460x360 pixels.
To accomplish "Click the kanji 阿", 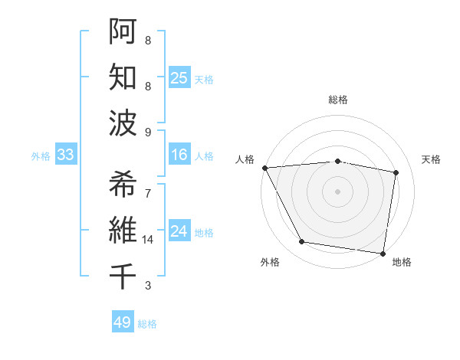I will [123, 31].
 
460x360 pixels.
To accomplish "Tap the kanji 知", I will [123, 77].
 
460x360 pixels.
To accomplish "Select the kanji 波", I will [123, 123].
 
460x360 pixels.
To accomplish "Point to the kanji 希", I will [123, 184].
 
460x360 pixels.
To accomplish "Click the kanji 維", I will [123, 231].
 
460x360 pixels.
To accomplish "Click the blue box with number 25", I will [179, 77].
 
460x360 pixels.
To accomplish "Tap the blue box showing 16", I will [179, 155].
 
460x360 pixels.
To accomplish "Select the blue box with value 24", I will [179, 231].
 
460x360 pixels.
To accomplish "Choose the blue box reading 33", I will [66, 155].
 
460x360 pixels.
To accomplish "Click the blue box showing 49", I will [123, 322].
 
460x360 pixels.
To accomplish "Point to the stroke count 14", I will [148, 240].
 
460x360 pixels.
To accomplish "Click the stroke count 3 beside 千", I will [148, 286].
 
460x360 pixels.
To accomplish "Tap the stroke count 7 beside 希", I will [148, 193].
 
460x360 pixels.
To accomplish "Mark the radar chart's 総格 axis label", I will [337, 100].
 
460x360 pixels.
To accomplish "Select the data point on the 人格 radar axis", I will [264, 168].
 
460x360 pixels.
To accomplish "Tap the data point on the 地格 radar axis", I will [383, 253].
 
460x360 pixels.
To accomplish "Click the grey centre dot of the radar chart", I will [337, 191].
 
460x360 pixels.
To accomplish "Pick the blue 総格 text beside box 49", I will [147, 324].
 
